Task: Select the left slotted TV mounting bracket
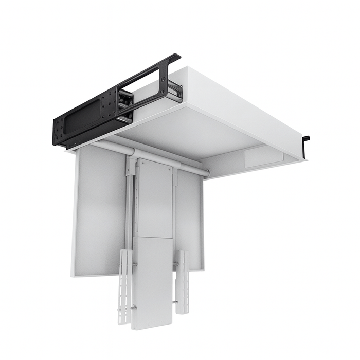pos(125,286)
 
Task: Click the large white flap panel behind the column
pos(98,211)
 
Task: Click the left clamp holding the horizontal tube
pos(131,164)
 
